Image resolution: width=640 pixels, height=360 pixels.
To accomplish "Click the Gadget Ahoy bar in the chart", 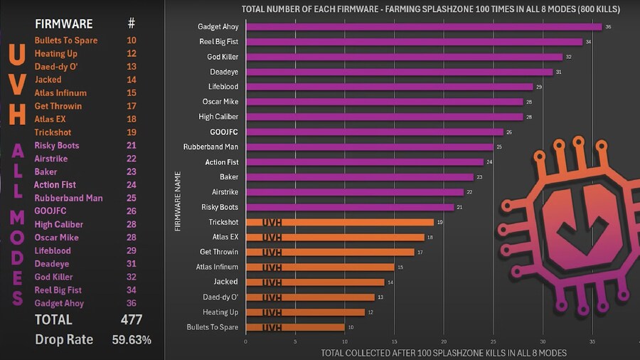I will (423, 27).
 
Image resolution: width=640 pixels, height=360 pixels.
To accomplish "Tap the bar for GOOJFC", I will (374, 132).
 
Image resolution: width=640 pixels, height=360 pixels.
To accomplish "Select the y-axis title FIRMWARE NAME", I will (178, 201).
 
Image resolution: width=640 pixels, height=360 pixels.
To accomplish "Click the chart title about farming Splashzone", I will (430, 9).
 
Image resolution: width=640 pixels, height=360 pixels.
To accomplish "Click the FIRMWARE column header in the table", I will (63, 23).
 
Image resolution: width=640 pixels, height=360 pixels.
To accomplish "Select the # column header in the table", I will (131, 23).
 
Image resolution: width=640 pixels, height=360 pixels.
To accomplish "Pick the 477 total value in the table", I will (131, 319).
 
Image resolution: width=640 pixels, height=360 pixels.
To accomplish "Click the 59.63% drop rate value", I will (132, 339).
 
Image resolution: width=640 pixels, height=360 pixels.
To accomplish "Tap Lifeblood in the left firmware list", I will (53, 251).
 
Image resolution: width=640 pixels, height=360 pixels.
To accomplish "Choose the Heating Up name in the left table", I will (56, 53).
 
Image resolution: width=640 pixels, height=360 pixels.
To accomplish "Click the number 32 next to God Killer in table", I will (131, 277).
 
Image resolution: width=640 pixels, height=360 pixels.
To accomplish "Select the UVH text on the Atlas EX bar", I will (272, 238).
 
